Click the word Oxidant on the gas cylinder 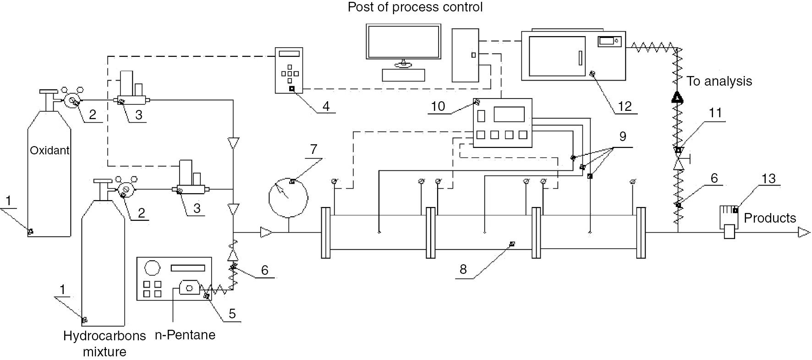(49, 150)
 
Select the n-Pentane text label (185, 335)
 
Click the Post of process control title (415, 8)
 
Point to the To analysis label (719, 82)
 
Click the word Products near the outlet (770, 218)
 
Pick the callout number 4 (326, 106)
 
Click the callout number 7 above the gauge (313, 150)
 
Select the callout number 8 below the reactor (463, 269)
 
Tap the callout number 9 (622, 136)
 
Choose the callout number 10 (438, 106)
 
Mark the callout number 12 (625, 106)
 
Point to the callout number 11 (715, 113)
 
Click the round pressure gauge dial (288, 197)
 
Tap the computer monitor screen (403, 41)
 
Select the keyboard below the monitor (403, 75)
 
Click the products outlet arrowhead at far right (804, 233)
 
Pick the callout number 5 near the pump (232, 313)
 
